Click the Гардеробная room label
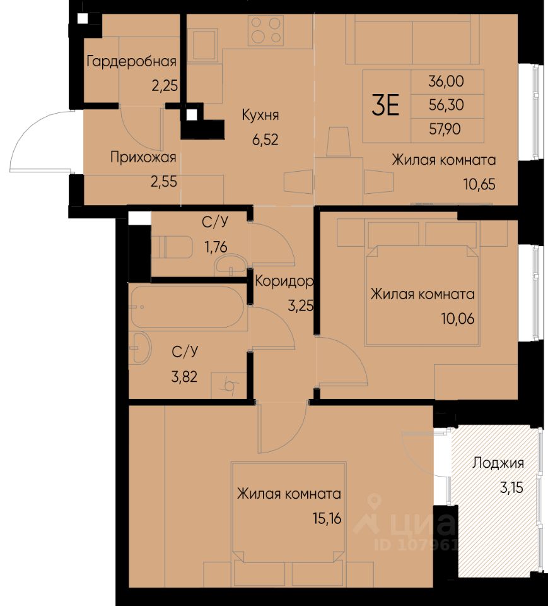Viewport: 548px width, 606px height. pos(131,61)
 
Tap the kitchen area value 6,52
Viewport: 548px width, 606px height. pos(265,140)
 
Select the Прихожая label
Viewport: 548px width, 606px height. pos(143,157)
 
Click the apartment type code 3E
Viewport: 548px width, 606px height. pos(385,105)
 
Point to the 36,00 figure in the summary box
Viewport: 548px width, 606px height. pos(446,81)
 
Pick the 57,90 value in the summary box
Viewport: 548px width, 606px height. pos(445,129)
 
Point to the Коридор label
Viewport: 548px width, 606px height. pos(284,281)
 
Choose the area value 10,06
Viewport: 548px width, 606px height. pos(458,319)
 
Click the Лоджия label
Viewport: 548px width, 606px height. pos(498,463)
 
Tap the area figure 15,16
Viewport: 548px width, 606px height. pos(327,518)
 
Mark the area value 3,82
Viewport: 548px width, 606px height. pos(184,376)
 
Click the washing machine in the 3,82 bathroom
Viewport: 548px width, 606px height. pos(229,385)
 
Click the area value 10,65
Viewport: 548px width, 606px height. pos(479,184)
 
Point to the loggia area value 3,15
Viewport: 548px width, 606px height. pos(511,487)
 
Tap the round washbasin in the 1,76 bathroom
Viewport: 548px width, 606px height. pos(230,265)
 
